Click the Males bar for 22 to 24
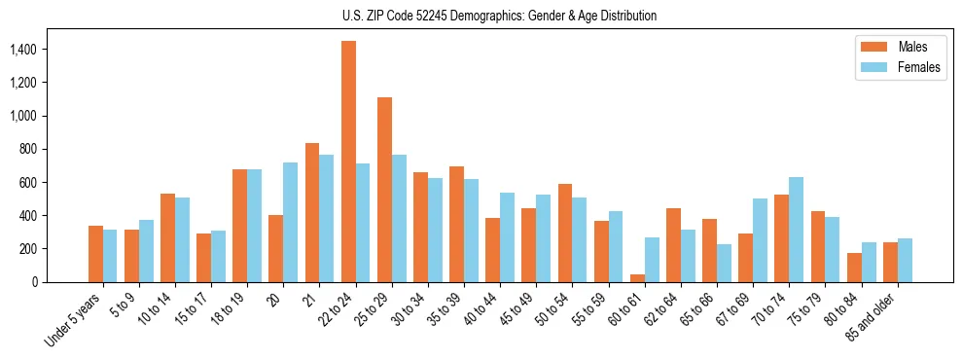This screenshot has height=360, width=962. pos(348,162)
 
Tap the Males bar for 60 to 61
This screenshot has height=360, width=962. pos(637,278)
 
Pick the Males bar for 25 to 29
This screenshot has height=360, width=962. pos(384,190)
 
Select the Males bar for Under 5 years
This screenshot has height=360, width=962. pos(95,254)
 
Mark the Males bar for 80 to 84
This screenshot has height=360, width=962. pos(854,268)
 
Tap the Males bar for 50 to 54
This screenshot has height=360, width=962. pos(565,233)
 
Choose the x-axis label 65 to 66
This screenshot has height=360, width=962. pos(696,309)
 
